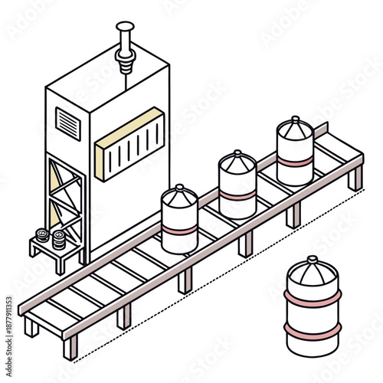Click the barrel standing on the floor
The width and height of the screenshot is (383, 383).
312,306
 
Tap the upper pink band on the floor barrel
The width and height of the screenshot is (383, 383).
312,294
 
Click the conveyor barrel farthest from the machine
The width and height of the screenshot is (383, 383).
295,151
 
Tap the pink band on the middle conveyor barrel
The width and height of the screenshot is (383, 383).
237,195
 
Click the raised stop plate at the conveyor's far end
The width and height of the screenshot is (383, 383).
337,139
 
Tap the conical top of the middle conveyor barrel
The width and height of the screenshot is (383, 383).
237,162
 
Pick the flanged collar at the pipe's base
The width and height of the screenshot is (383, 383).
123,55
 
